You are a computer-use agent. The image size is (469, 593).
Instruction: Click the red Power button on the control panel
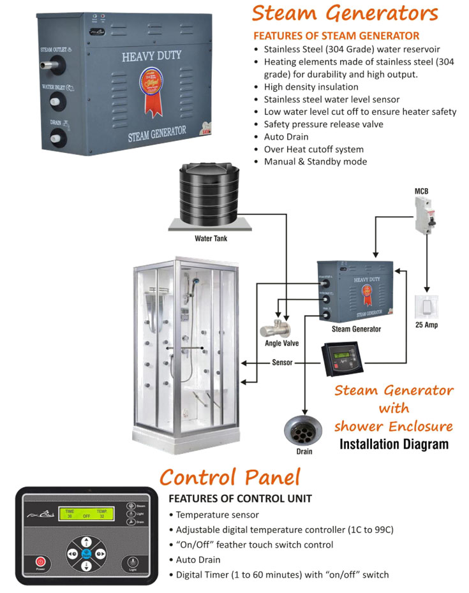point(40,564)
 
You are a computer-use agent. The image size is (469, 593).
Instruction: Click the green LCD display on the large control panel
point(87,514)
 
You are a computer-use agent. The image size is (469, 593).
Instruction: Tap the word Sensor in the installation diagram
point(282,363)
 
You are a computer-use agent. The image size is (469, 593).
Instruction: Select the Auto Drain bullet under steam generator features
point(286,136)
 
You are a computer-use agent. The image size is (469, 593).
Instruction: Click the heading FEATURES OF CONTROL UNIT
point(240,499)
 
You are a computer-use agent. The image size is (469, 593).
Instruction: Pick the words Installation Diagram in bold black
point(394,444)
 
